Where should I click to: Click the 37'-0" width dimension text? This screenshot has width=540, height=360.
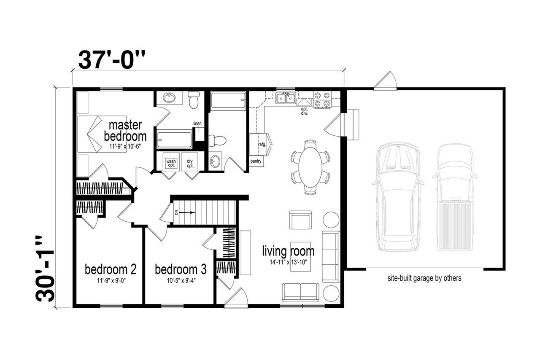coord(112,60)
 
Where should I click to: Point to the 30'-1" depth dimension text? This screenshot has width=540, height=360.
coord(45,269)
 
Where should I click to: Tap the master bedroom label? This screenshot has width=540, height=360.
coord(125,131)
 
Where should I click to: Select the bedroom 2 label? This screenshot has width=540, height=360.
coord(111,269)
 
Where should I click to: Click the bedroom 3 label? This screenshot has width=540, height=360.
coord(181,269)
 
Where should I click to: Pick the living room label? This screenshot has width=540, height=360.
coord(288,251)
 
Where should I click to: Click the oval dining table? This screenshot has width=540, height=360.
coord(310,167)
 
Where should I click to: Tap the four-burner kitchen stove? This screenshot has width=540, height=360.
coord(322,100)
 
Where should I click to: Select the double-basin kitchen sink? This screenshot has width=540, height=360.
coord(286,98)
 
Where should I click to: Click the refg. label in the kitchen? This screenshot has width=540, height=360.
coord(262,145)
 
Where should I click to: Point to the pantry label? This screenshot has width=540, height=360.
coord(256,161)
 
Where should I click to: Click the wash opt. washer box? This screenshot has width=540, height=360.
coord(171,163)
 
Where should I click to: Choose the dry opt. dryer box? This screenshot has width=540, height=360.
coord(190,163)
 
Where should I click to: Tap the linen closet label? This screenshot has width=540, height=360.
coord(197,124)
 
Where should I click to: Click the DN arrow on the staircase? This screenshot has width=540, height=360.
coord(185,212)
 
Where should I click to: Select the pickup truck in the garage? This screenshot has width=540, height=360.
coord(455,197)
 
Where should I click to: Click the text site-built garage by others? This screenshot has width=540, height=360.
coord(424,278)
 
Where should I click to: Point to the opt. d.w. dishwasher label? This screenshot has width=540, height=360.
coord(305,111)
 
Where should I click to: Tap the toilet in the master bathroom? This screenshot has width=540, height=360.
coord(194,100)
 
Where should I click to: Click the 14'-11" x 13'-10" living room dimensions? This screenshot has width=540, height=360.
coord(288,262)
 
